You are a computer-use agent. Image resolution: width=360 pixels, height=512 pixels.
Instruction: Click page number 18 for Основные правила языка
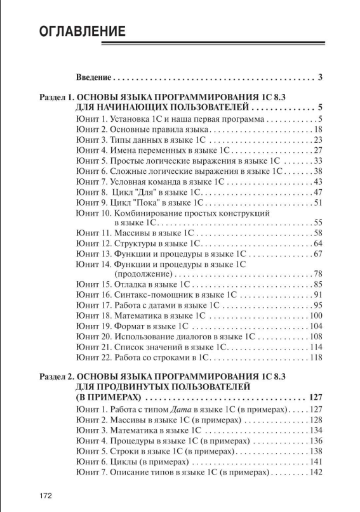pyautogui.click(x=319, y=129)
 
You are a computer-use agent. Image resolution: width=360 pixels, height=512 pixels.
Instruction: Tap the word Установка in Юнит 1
pyautogui.click(x=128, y=119)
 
